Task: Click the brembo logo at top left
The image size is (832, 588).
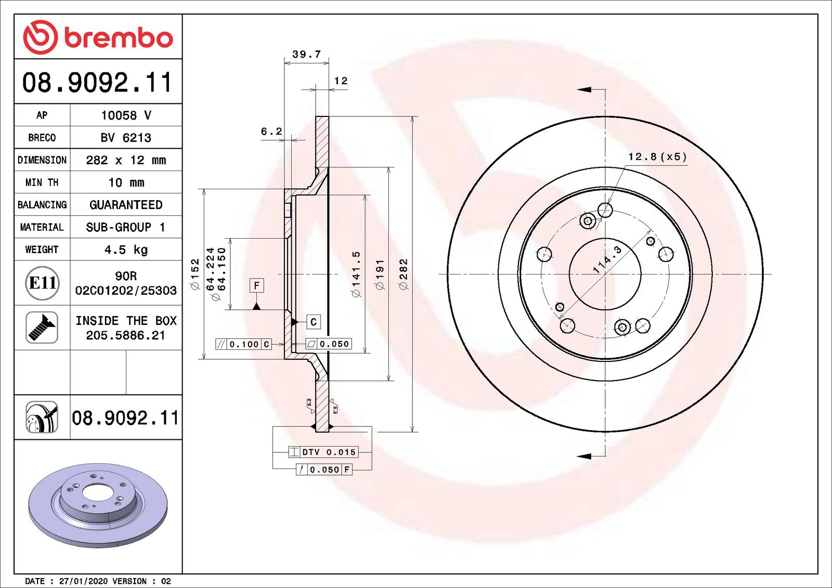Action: click(x=98, y=37)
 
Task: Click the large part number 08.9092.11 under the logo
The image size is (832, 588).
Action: click(x=97, y=83)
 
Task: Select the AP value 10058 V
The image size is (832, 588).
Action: click(x=126, y=115)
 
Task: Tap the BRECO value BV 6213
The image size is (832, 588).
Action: click(x=126, y=138)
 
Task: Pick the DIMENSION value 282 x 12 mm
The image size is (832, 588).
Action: click(x=126, y=160)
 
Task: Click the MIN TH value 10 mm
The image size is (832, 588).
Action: click(x=126, y=182)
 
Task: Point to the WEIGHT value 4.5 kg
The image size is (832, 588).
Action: click(x=126, y=250)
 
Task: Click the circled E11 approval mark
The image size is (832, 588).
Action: click(x=42, y=283)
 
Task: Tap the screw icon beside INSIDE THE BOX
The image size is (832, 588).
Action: click(x=42, y=328)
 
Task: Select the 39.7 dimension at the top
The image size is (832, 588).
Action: click(x=306, y=54)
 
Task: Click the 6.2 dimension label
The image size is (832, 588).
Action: click(x=271, y=132)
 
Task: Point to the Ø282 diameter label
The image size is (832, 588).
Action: click(x=404, y=274)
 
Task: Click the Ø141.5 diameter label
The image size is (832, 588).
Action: click(x=356, y=274)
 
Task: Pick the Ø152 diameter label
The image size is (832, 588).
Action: click(x=196, y=274)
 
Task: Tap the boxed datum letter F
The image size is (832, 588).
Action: click(x=256, y=285)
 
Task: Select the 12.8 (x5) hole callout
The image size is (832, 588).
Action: click(x=657, y=156)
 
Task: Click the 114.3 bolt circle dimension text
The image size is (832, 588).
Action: click(x=607, y=259)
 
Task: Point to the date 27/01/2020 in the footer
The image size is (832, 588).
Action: click(x=83, y=581)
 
